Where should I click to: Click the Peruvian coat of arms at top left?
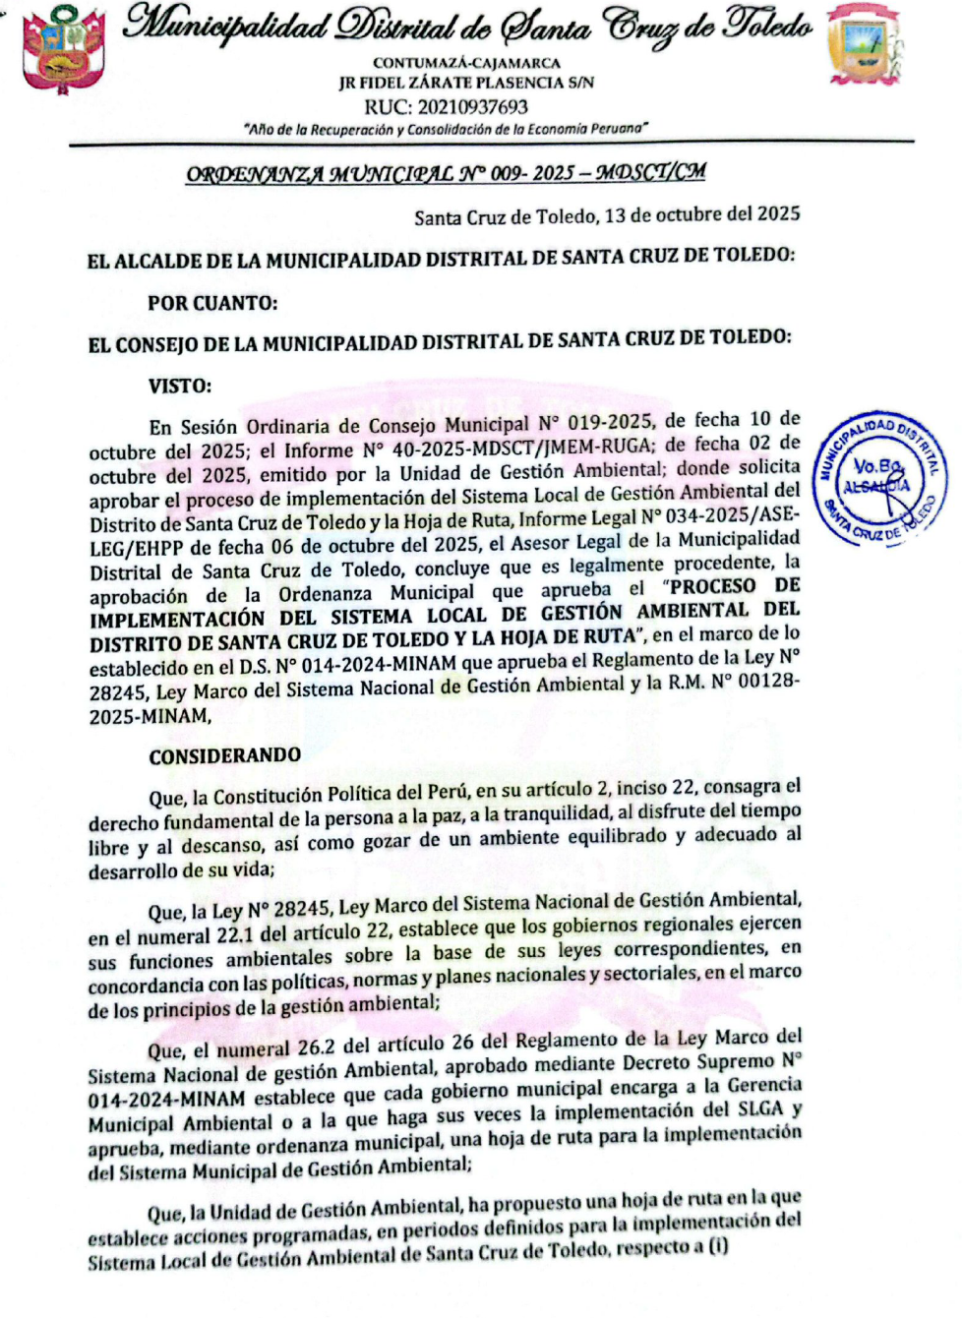pos(63,47)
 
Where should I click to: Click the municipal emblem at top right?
pos(865,45)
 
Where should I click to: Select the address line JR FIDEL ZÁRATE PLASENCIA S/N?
pos(466,84)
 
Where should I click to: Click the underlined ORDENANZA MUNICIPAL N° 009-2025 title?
pos(446,174)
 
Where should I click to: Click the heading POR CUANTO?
pos(212,304)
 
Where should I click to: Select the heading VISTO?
pos(180,387)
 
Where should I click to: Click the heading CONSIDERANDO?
pos(225,755)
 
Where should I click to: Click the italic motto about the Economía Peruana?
pos(446,129)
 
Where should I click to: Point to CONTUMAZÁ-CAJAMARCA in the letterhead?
pos(466,63)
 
